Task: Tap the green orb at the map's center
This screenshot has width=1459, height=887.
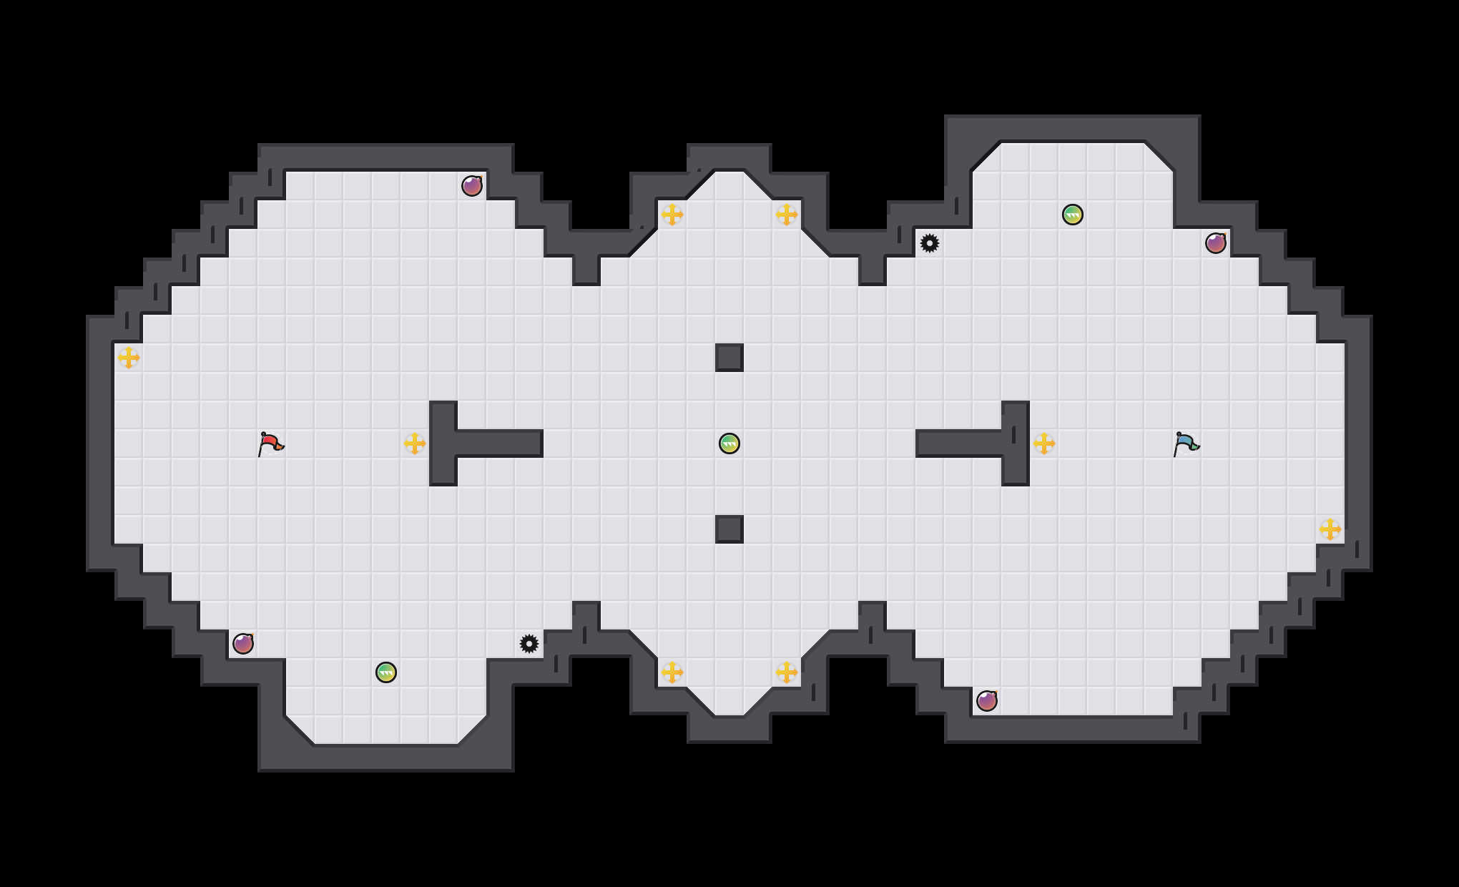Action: click(x=729, y=443)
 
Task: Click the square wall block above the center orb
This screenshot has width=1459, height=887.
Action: click(x=729, y=358)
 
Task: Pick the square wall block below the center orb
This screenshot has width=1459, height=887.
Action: click(x=729, y=529)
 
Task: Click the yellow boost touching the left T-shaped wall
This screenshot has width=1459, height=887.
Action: click(x=415, y=443)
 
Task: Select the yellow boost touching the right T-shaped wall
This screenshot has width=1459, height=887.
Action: click(x=1044, y=443)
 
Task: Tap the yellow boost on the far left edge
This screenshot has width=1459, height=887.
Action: click(x=129, y=358)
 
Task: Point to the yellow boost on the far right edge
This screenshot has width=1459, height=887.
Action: click(x=1330, y=529)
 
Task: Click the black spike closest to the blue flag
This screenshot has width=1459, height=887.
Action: click(x=930, y=243)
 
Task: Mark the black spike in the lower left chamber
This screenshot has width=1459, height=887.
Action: click(x=529, y=644)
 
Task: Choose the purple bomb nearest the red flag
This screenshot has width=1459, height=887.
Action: click(x=243, y=644)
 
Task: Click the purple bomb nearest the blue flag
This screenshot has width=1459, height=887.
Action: click(x=1216, y=243)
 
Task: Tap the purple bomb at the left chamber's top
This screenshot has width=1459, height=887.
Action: click(x=472, y=186)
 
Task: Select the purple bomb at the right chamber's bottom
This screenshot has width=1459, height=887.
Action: click(x=987, y=701)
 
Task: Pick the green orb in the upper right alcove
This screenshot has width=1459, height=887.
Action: click(x=1073, y=215)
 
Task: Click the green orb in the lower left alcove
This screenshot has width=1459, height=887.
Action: click(x=386, y=672)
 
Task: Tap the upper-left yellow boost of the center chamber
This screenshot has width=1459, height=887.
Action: click(x=672, y=215)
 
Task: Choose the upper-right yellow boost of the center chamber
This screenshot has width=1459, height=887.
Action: click(x=787, y=215)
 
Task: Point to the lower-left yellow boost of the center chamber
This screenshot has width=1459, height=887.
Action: click(x=672, y=672)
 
